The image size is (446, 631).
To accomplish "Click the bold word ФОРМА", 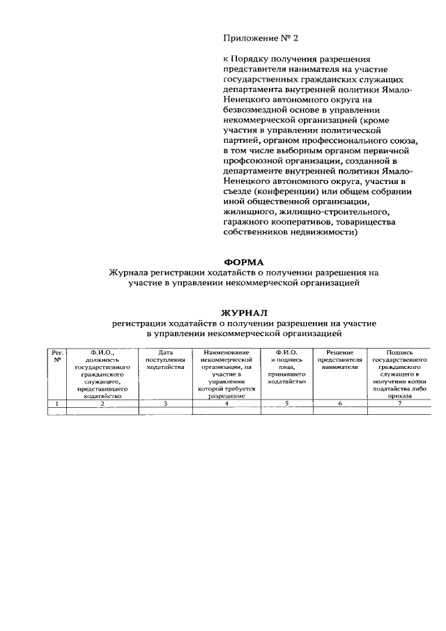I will (243, 262).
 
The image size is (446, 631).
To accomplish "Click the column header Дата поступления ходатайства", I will (165, 360).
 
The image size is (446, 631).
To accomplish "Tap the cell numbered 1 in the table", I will (57, 404).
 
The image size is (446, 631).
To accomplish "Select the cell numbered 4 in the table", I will (226, 404).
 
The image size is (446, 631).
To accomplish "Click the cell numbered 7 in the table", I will (400, 404).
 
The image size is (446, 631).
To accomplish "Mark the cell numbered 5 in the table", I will (286, 404).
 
